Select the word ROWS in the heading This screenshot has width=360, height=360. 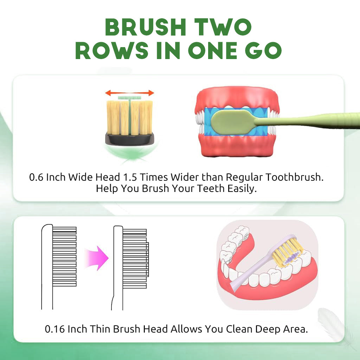(112, 51)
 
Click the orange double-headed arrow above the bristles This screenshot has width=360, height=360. (129, 93)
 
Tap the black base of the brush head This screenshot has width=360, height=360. (130, 139)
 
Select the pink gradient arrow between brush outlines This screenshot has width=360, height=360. (97, 258)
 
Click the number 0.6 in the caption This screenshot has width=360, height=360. (36, 177)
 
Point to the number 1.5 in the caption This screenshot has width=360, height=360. (130, 177)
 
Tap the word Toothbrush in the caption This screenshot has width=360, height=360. (295, 177)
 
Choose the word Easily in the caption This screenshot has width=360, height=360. (242, 189)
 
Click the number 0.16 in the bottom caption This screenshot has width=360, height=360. (55, 329)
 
